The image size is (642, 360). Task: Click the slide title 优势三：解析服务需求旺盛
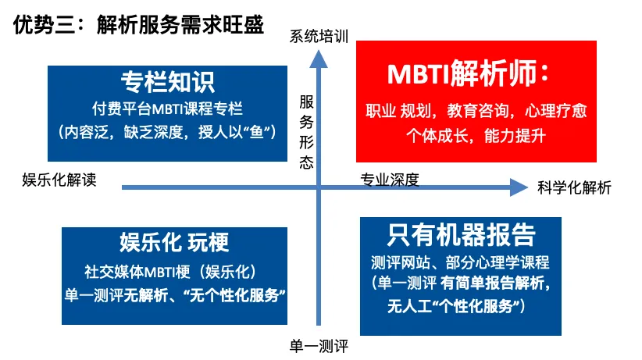[138, 25]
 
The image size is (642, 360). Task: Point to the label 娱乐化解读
[59, 180]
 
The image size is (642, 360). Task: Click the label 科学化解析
[574, 187]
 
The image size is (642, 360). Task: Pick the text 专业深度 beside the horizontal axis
[389, 180]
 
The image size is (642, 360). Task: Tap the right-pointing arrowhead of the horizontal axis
[519, 187]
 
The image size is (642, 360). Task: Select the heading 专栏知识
[167, 82]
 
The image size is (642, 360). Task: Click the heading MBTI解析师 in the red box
[469, 75]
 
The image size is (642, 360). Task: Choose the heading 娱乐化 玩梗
[173, 242]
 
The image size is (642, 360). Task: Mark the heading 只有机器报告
[461, 235]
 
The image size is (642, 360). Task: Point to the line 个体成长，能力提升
[475, 135]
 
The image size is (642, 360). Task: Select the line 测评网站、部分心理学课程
[460, 262]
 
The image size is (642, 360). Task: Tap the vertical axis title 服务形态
[307, 132]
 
